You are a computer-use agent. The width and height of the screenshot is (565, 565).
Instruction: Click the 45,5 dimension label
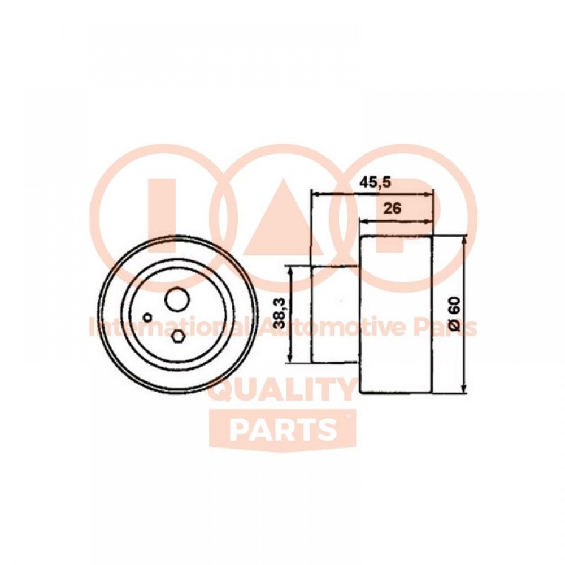pos(375,182)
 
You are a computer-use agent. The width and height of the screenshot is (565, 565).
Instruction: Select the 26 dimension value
pos(392,208)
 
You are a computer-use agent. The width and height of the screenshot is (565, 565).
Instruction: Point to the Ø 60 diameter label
pos(455,313)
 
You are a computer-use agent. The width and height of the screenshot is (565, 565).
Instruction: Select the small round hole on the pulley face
pos(147,318)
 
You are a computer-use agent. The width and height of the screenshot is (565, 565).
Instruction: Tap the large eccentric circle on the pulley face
pos(177,299)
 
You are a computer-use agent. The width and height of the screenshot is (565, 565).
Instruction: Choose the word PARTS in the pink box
pos(282,430)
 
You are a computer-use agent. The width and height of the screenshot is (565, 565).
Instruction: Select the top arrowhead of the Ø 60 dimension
pos(465,241)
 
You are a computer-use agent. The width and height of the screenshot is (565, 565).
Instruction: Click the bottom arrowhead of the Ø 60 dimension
pos(465,388)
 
